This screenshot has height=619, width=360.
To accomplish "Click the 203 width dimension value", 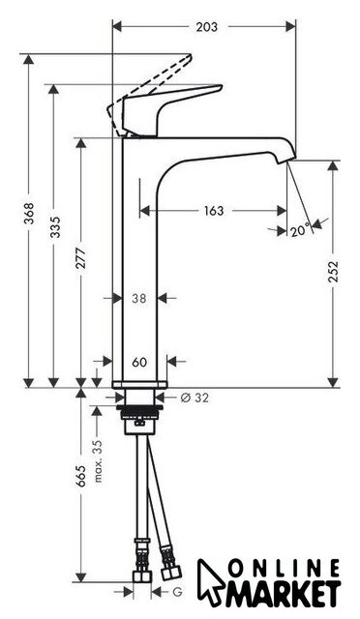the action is pyautogui.click(x=207, y=27).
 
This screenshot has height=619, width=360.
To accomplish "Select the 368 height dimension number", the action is pyautogui.click(x=29, y=213).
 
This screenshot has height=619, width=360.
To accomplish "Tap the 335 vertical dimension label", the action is pyautogui.click(x=55, y=227).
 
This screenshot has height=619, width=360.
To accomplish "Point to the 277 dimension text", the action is pyautogui.click(x=81, y=258).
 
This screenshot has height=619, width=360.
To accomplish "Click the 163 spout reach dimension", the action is pyautogui.click(x=214, y=211).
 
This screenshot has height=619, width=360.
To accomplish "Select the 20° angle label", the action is pyautogui.click(x=301, y=231).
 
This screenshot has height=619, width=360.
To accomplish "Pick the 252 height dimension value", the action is pyautogui.click(x=334, y=271).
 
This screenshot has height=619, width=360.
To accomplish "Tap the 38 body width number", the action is pyautogui.click(x=139, y=299).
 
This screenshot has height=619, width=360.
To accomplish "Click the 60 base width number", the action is pyautogui.click(x=139, y=362).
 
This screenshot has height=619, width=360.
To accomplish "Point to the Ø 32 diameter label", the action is pyautogui.click(x=195, y=398).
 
